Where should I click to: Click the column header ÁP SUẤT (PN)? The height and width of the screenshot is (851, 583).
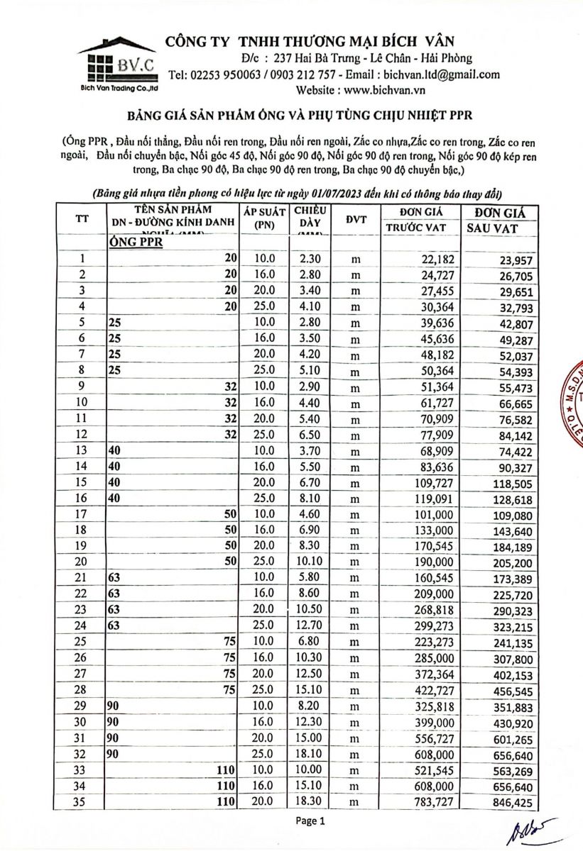click(x=263, y=218)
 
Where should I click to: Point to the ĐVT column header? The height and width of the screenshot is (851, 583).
click(x=356, y=219)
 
